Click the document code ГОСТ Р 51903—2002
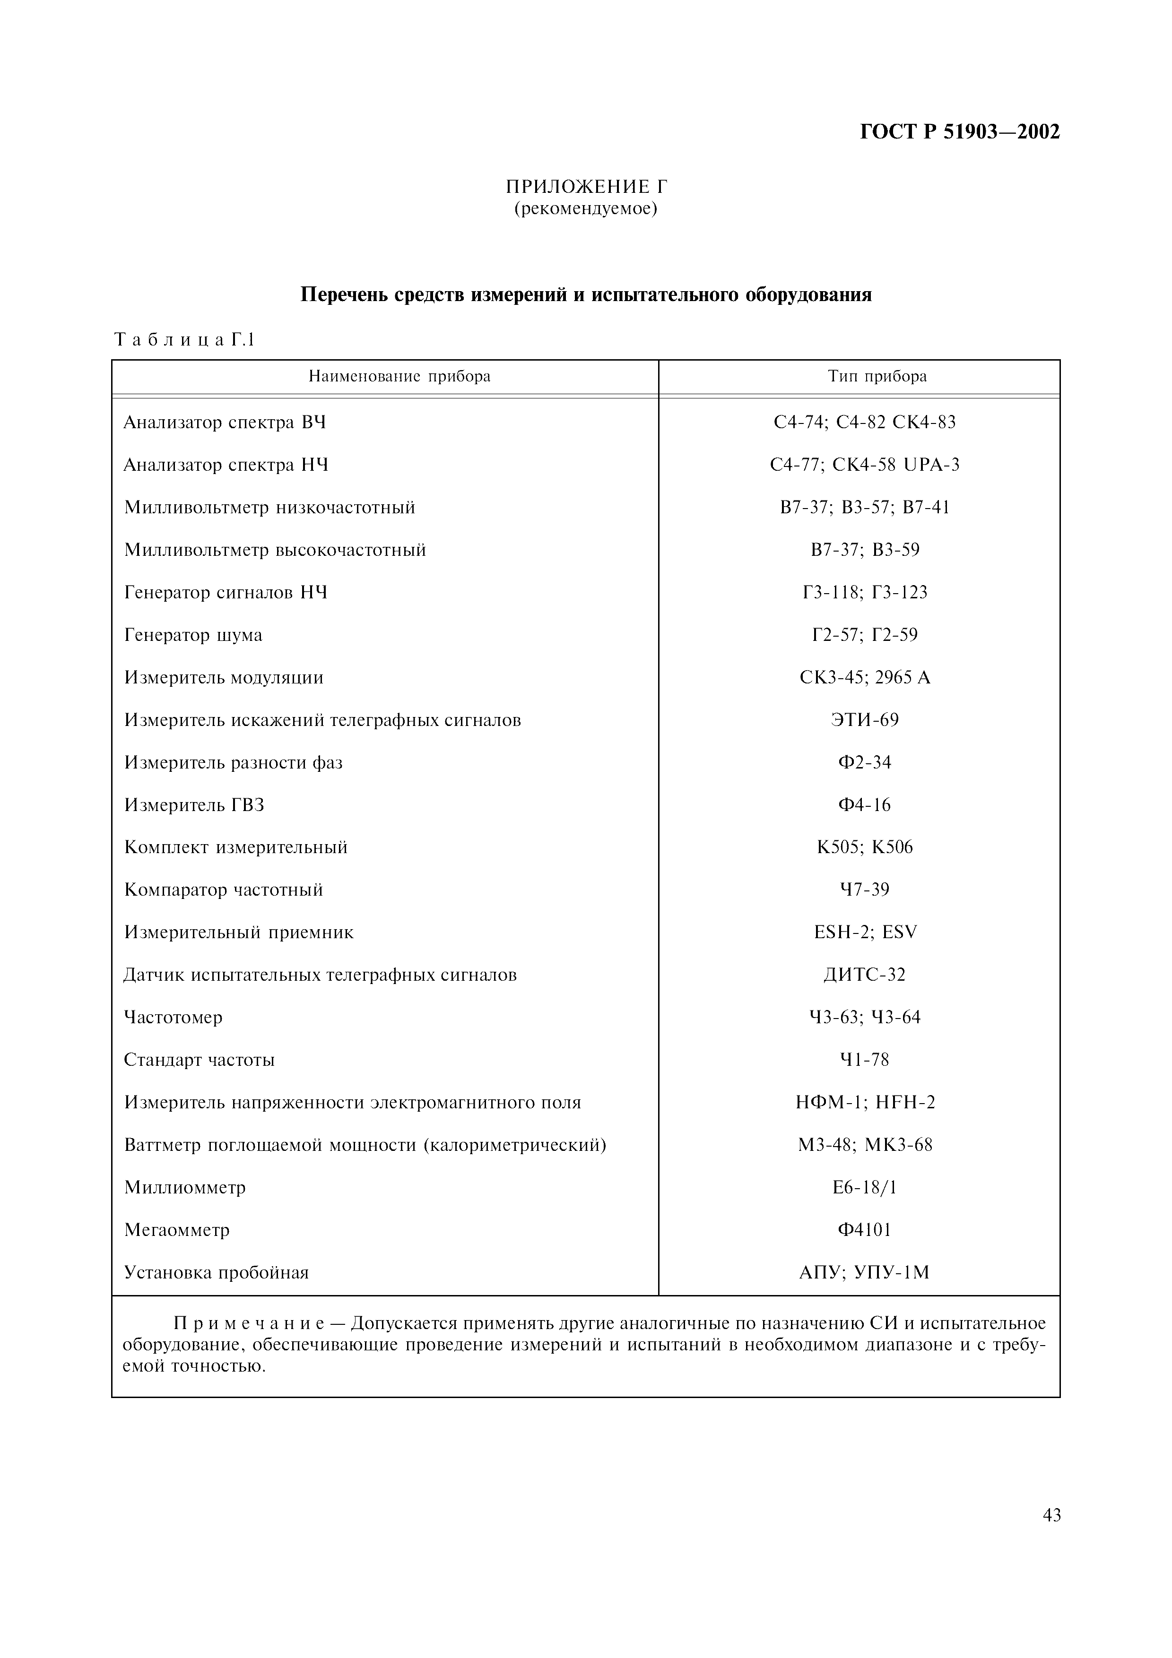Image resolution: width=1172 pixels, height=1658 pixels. pyautogui.click(x=960, y=132)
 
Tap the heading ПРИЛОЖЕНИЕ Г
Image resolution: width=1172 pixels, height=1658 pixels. pyautogui.click(x=586, y=187)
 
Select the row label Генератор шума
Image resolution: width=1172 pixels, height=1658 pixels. pyautogui.click(x=193, y=636)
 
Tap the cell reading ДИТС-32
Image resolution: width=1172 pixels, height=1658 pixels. pyautogui.click(x=864, y=975)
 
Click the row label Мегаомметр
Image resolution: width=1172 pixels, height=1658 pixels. pyautogui.click(x=177, y=1230)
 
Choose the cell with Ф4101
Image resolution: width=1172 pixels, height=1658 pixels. pyautogui.click(x=864, y=1230)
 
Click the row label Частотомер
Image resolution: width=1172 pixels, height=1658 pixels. pyautogui.click(x=174, y=1018)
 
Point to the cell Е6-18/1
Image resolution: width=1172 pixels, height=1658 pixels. pyautogui.click(x=864, y=1187)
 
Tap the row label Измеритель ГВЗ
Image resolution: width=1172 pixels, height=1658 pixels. pyautogui.click(x=194, y=805)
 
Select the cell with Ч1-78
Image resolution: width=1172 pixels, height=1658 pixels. pyautogui.click(x=864, y=1060)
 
